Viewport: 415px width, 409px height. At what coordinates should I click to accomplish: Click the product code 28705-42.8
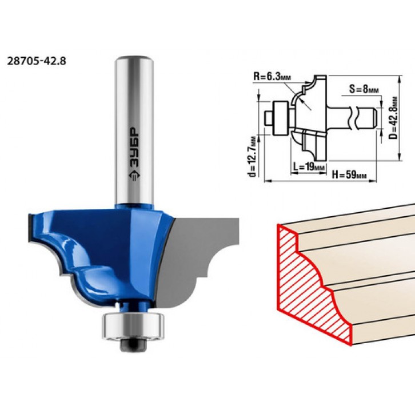pos(36,61)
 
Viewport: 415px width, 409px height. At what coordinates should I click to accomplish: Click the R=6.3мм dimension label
pos(272,77)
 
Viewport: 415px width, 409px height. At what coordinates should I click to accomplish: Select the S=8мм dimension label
pos(364,89)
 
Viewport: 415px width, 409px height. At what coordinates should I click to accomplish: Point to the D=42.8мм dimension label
pos(394,117)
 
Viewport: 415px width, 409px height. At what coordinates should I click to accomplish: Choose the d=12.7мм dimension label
pos(253,157)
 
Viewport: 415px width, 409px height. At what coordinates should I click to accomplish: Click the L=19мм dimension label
pos(309,167)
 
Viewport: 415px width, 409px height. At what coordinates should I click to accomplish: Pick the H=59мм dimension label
pos(349,174)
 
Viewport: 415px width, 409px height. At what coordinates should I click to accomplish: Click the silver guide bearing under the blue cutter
pos(133,325)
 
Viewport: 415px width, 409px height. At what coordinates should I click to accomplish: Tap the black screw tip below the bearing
pos(133,344)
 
